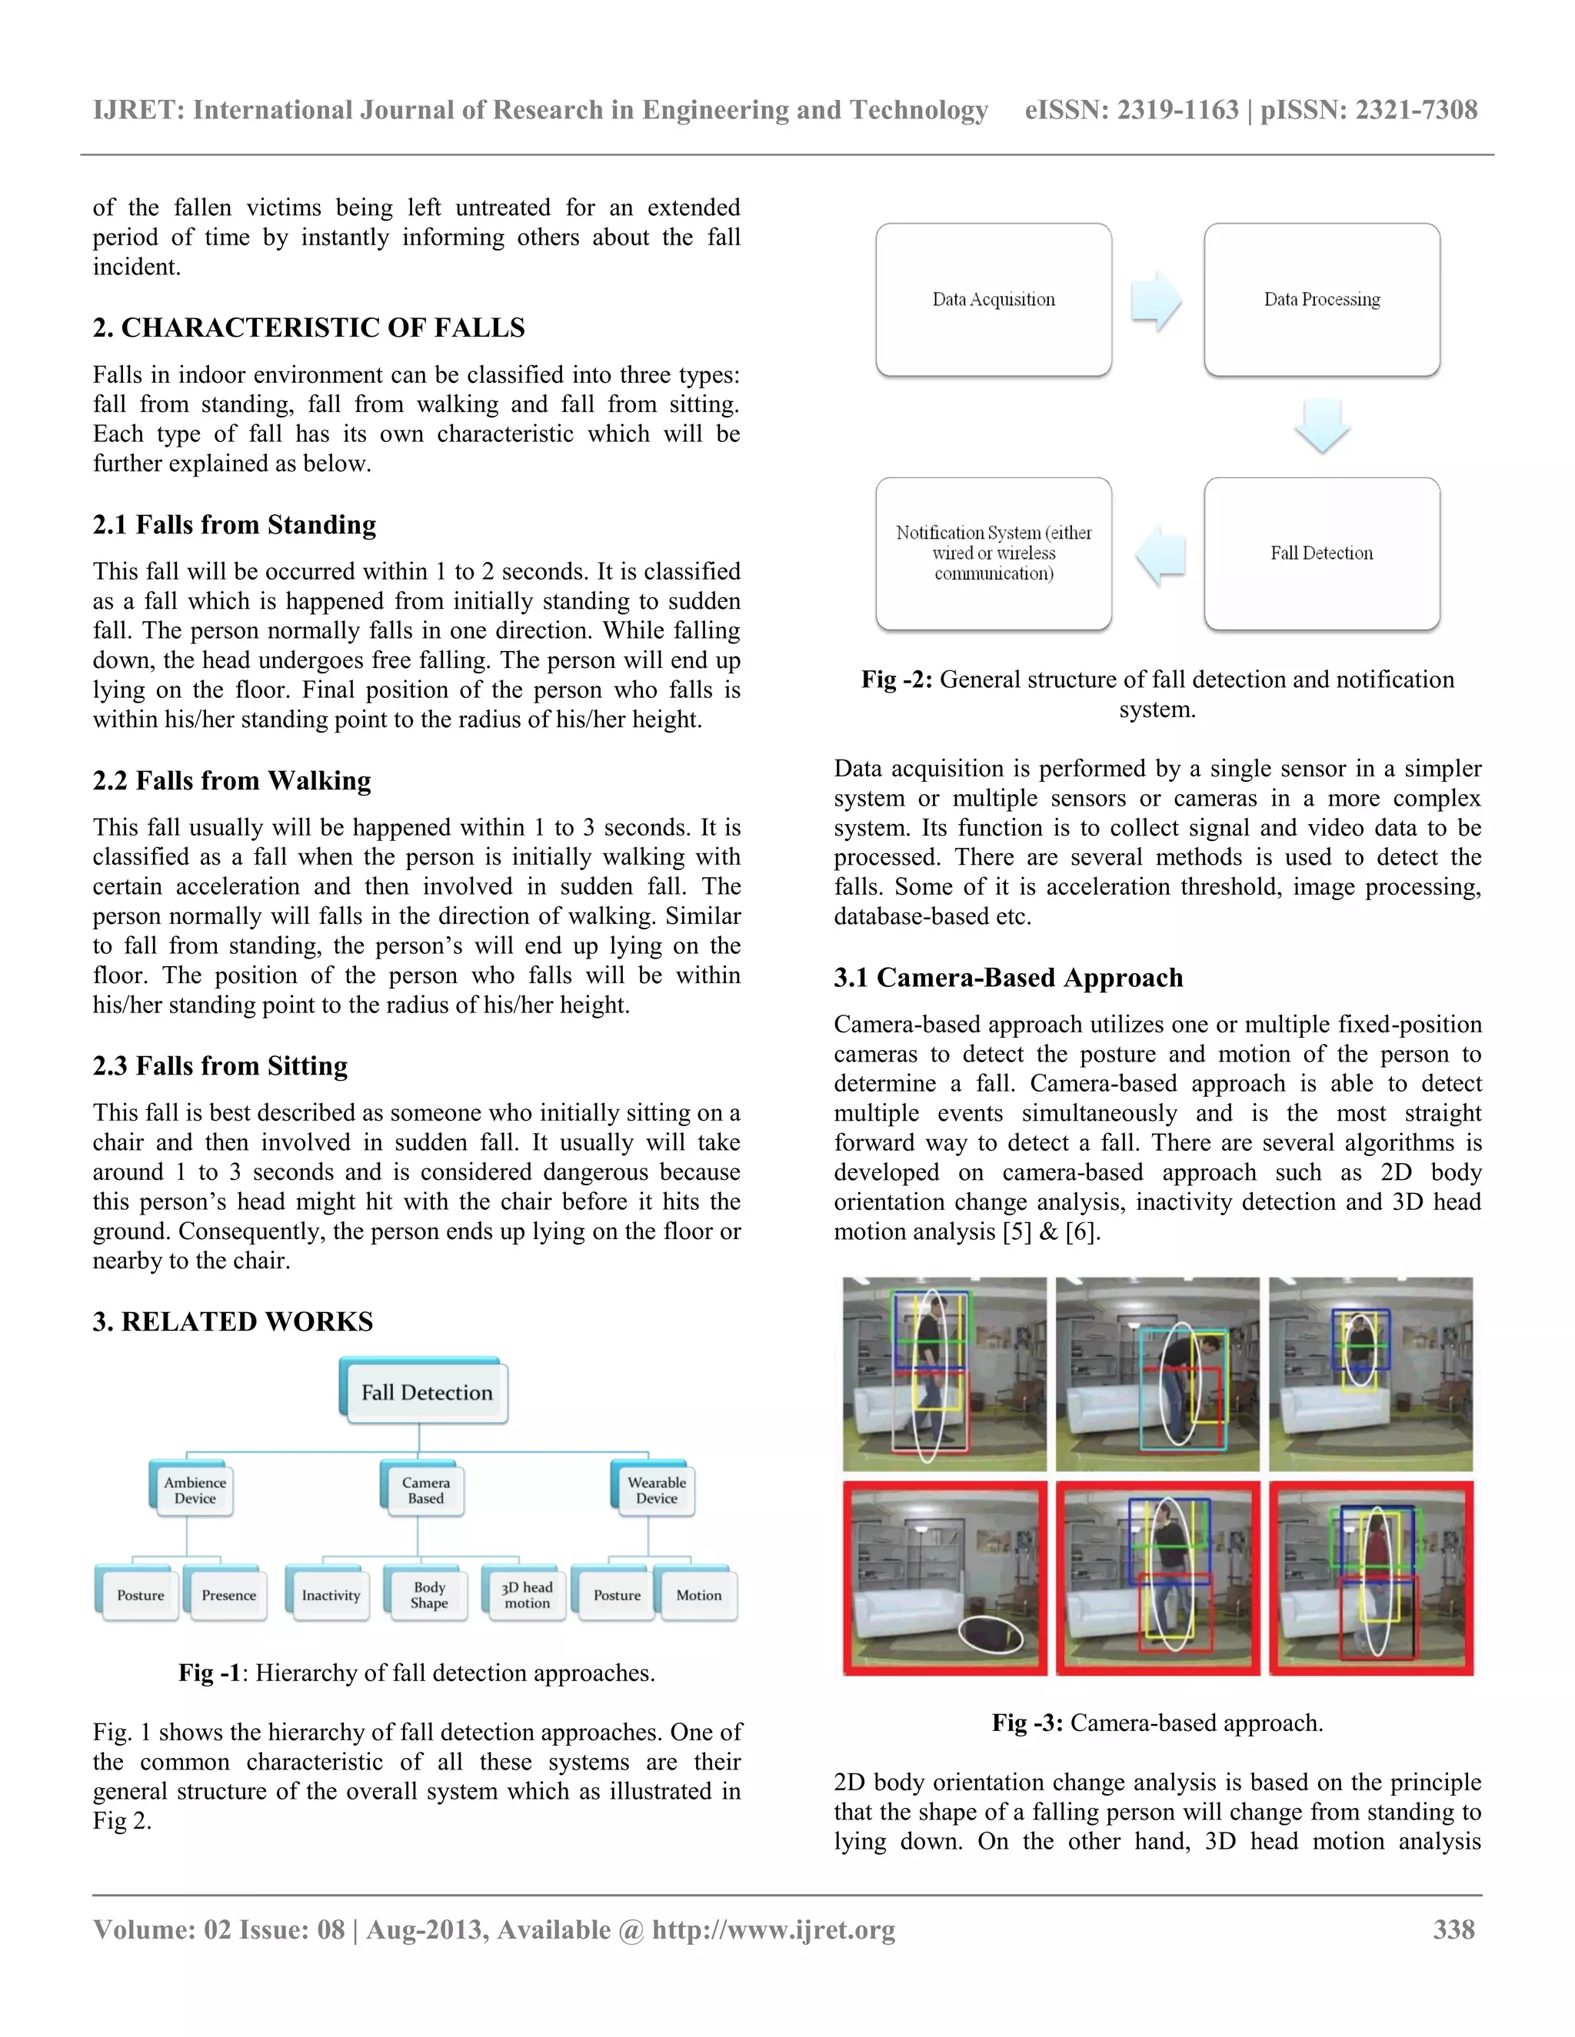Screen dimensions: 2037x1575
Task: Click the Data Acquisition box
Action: pyautogui.click(x=993, y=299)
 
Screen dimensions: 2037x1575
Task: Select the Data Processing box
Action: pyautogui.click(x=1321, y=299)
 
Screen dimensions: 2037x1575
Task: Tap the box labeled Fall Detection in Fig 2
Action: pyautogui.click(x=1321, y=553)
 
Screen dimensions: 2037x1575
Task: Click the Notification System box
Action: pyautogui.click(x=993, y=553)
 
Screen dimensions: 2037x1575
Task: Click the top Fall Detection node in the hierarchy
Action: pyautogui.click(x=425, y=1393)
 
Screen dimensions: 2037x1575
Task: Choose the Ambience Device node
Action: pyautogui.click(x=193, y=1490)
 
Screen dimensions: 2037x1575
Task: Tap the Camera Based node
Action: pyautogui.click(x=425, y=1490)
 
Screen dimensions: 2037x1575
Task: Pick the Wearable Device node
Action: pyautogui.click(x=656, y=1490)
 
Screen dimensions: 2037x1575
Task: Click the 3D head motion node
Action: pyautogui.click(x=526, y=1595)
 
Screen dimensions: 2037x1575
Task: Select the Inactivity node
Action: pyautogui.click(x=330, y=1596)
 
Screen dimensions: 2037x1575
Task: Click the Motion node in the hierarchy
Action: pyautogui.click(x=698, y=1596)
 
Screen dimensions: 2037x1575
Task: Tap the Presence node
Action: pyautogui.click(x=228, y=1596)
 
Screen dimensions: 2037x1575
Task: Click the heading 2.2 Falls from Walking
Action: pyautogui.click(x=231, y=781)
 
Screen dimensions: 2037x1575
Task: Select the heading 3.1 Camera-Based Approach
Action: pyautogui.click(x=1007, y=978)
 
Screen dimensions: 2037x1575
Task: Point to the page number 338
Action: pyautogui.click(x=1453, y=1929)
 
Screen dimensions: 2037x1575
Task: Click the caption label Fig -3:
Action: pyautogui.click(x=1027, y=1723)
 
